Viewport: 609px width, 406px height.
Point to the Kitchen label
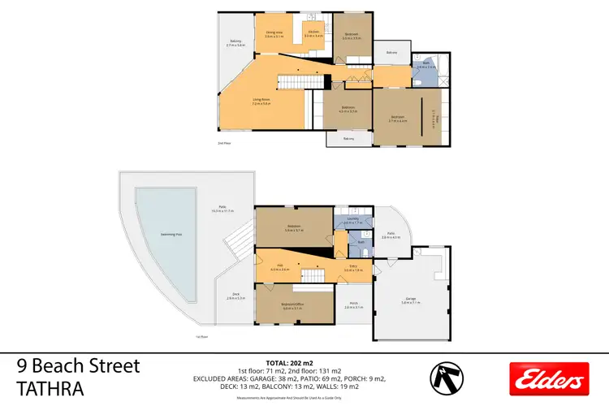point(313,33)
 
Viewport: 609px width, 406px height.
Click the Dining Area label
point(274,33)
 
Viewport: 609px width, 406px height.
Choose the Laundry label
point(352,219)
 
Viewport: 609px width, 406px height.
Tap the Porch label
point(352,305)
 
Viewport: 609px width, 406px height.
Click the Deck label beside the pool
point(235,296)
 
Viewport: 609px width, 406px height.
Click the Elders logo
point(548,378)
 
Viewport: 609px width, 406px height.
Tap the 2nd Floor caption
point(224,143)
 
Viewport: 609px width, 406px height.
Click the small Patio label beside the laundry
point(391,235)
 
